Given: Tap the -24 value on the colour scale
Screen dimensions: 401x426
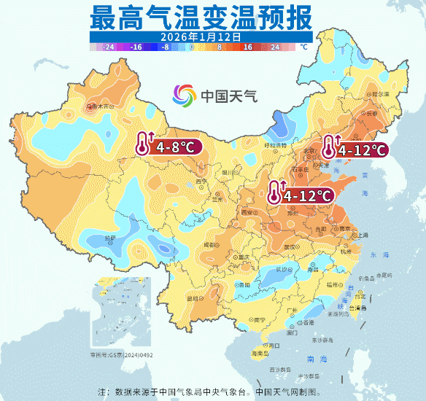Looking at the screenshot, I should [109, 47].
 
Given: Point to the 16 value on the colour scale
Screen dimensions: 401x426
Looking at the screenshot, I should [247, 47].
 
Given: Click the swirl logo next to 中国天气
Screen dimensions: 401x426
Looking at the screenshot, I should [184, 95].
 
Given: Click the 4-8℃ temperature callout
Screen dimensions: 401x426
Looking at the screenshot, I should [173, 147].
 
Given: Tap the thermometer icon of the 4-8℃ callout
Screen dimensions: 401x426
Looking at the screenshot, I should [142, 144].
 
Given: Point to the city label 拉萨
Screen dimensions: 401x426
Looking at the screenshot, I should [109, 238].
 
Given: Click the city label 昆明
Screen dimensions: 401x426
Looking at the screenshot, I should [193, 298].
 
